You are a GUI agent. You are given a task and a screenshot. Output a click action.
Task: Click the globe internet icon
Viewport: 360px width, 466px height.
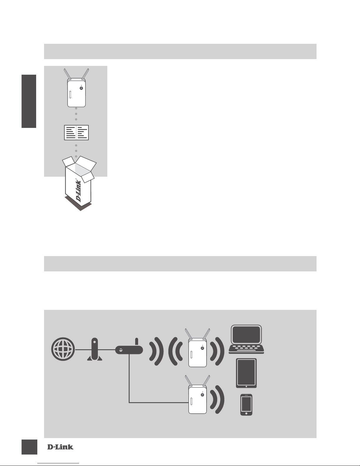coord(63,350)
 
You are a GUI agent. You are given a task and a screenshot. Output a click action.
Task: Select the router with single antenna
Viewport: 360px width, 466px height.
coord(129,349)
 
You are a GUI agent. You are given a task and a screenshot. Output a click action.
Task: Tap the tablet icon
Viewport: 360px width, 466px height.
coord(246,373)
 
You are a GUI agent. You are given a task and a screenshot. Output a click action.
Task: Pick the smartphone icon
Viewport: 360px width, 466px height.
coord(246,405)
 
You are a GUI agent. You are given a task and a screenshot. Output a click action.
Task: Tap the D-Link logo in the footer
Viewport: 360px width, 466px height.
coord(60,447)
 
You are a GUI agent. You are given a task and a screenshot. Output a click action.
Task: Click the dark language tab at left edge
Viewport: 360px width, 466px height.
coord(29,101)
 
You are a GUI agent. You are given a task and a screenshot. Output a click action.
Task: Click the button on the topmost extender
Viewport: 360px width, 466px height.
coord(81,88)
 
